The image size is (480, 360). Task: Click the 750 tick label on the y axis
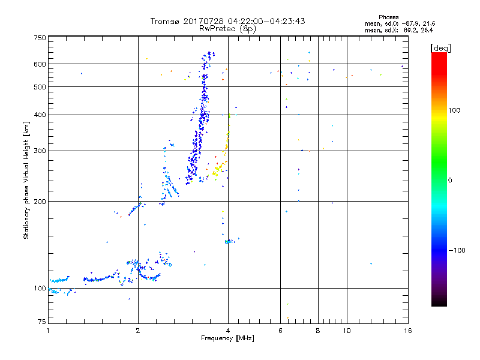[40, 38]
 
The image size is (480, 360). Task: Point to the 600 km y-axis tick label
[40, 64]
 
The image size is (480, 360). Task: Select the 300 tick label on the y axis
[40, 151]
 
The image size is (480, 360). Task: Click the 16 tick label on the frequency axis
[407, 330]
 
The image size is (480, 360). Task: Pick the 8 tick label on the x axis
[318, 330]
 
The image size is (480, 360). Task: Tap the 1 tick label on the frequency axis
[48, 330]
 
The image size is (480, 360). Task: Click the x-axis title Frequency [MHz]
[228, 339]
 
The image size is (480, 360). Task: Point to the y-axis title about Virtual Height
[26, 180]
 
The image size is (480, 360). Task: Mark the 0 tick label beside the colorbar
[451, 180]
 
